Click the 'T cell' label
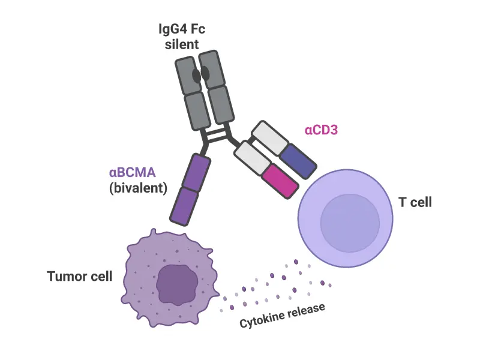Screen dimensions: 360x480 click(415, 202)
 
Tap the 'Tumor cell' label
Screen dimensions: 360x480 click(80, 277)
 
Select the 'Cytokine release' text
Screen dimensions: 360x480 click(282, 316)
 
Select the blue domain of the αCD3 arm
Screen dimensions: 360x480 click(298, 160)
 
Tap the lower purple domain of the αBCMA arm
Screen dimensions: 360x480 click(183, 205)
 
